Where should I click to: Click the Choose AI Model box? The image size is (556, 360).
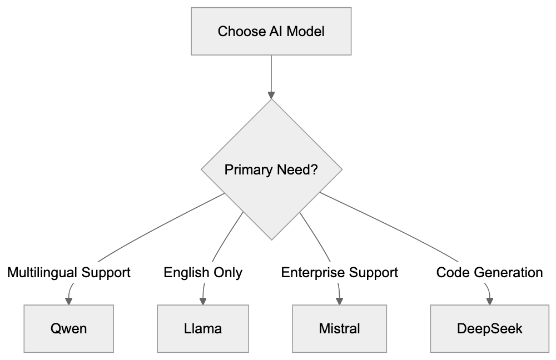(271, 31)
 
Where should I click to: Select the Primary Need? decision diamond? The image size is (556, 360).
(271, 169)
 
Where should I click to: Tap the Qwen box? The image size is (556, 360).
(69, 328)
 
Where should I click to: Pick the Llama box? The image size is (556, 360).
(203, 328)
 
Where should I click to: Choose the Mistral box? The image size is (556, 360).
(339, 328)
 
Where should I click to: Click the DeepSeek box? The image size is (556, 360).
(489, 328)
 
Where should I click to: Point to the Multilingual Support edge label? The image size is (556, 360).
(69, 273)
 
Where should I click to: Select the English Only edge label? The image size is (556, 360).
(203, 273)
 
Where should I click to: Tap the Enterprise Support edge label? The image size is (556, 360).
(339, 273)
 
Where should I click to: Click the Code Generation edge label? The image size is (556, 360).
(489, 273)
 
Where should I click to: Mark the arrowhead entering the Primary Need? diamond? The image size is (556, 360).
(271, 95)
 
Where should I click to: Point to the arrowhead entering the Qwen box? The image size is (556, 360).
(69, 301)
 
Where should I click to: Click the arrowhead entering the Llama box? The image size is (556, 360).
(203, 301)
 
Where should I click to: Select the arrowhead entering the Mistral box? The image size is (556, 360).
(339, 301)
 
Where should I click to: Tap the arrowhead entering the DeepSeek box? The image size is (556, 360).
(489, 301)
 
